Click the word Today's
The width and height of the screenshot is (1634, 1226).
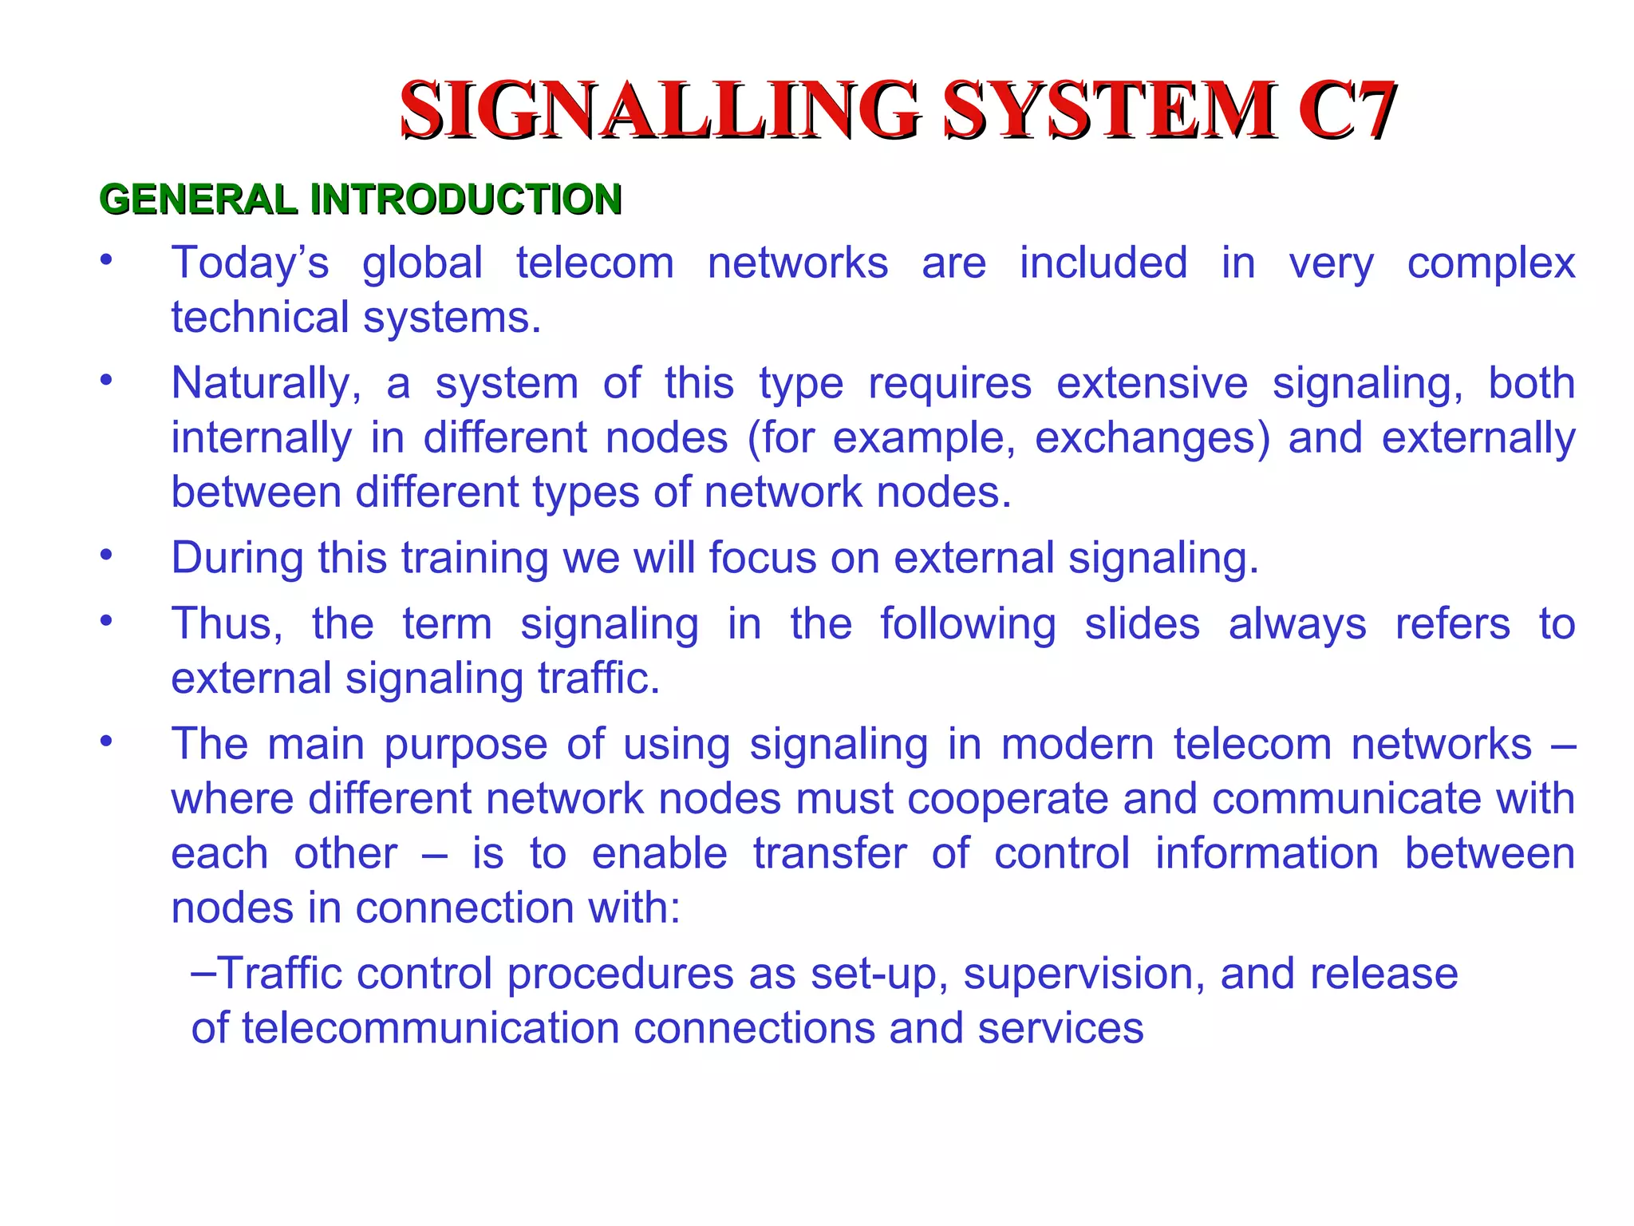coord(250,263)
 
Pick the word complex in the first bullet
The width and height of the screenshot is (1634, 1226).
coord(1490,264)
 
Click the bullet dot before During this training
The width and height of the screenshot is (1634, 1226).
coord(106,553)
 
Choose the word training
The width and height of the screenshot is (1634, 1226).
coord(474,558)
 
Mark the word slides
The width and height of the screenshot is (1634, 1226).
coord(1142,623)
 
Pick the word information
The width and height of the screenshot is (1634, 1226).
coord(1266,853)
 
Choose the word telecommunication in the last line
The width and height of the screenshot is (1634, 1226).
coord(430,1028)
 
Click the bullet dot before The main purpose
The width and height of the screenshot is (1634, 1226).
coord(106,741)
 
